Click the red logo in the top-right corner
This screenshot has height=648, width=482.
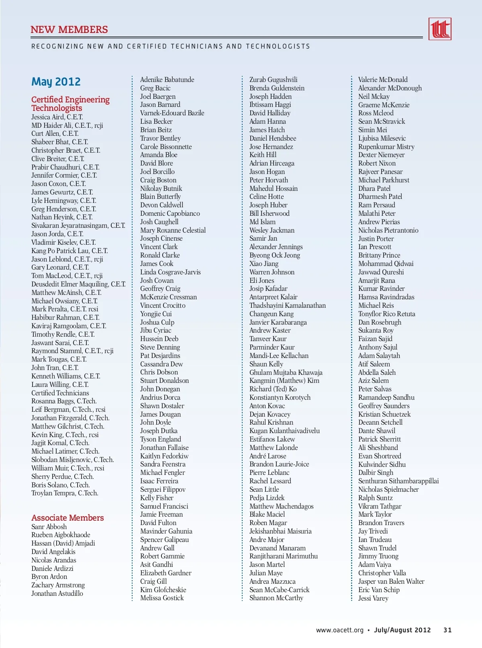pos(440,29)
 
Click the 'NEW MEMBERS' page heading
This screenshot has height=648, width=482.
pos(69,30)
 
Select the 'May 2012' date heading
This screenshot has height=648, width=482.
pos(56,82)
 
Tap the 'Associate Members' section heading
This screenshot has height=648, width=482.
pos(67,518)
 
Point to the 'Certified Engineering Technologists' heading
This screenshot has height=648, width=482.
pos(70,104)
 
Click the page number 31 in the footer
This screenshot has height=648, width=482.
pos(447,630)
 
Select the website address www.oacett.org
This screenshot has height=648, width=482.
pos(339,630)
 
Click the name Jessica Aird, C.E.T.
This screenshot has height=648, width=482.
pos(57,117)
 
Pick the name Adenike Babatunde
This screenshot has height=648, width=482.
pos(167,80)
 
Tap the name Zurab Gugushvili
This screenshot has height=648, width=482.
pos(274,80)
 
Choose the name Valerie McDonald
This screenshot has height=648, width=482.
pos(383,80)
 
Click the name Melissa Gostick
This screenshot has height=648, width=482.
pos(162,598)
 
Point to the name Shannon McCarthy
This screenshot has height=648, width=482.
pos(276,598)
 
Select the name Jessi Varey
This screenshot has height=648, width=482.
pos(373,598)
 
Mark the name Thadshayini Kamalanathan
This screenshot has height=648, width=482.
pos(288,305)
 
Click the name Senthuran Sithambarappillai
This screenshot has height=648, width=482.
pos(398,481)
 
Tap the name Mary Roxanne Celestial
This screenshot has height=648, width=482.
pos(173,230)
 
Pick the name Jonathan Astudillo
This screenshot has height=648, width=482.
pos(57,593)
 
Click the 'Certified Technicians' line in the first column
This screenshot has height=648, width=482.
pos(60,393)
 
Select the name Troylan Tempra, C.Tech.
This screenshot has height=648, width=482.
pos(65,493)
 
